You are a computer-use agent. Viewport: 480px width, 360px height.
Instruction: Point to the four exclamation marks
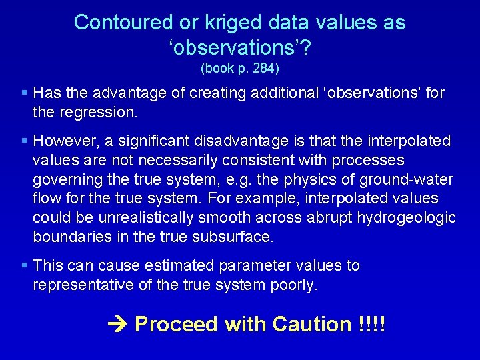click(372, 324)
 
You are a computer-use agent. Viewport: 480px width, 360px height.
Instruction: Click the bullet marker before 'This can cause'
click(24, 266)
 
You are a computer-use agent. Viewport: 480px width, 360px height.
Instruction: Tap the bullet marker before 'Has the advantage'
click(24, 92)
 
